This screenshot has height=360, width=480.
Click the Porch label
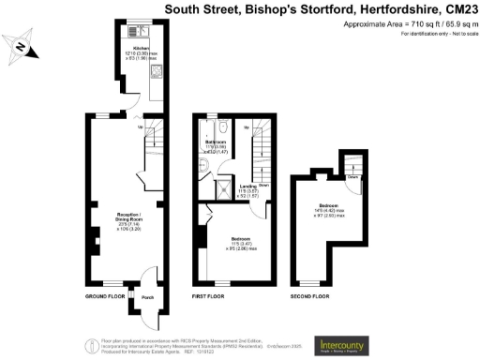click(146, 299)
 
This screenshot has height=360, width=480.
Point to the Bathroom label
click(217, 142)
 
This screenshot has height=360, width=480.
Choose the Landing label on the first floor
click(248, 187)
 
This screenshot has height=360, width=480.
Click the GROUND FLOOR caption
click(104, 296)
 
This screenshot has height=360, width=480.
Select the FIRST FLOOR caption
click(212, 296)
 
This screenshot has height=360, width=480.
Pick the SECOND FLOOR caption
click(309, 296)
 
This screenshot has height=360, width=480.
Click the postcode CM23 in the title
click(457, 9)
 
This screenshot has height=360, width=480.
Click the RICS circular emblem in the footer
click(91, 344)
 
